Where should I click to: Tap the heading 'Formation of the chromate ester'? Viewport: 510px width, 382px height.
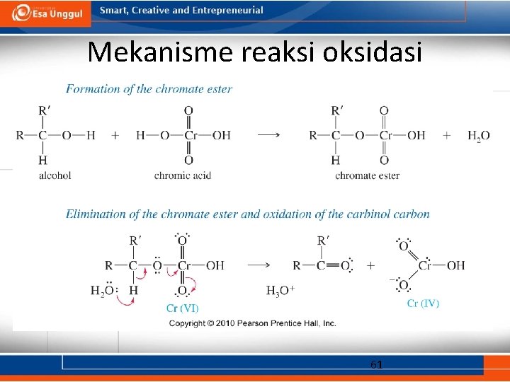pyautogui.click(x=149, y=88)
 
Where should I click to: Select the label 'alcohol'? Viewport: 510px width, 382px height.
pyautogui.click(x=55, y=175)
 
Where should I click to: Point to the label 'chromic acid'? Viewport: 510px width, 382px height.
pyautogui.click(x=183, y=175)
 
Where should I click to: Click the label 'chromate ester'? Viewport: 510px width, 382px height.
pyautogui.click(x=367, y=175)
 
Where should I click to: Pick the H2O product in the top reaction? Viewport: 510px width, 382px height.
pyautogui.click(x=478, y=136)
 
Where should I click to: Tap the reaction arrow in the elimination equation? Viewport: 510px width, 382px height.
pyautogui.click(x=259, y=265)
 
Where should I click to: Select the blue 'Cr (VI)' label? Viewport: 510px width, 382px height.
pyautogui.click(x=182, y=308)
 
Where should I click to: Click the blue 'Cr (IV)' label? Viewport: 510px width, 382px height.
pyautogui.click(x=423, y=303)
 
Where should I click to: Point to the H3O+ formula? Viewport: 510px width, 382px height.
pyautogui.click(x=280, y=291)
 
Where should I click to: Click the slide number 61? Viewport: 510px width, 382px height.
pyautogui.click(x=377, y=365)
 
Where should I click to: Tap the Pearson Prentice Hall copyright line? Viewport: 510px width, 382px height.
pyautogui.click(x=252, y=323)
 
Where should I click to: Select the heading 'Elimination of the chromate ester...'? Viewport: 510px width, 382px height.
pyautogui.click(x=248, y=214)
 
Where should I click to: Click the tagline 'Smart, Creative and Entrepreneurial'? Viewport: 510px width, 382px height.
pyautogui.click(x=181, y=11)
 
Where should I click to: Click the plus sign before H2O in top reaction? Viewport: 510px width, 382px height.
pyautogui.click(x=446, y=135)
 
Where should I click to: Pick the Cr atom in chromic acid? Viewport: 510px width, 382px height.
pyautogui.click(x=188, y=135)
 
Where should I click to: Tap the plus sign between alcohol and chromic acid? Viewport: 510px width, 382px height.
pyautogui.click(x=115, y=135)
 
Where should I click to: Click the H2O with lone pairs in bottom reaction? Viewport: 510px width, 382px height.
pyautogui.click(x=103, y=291)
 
